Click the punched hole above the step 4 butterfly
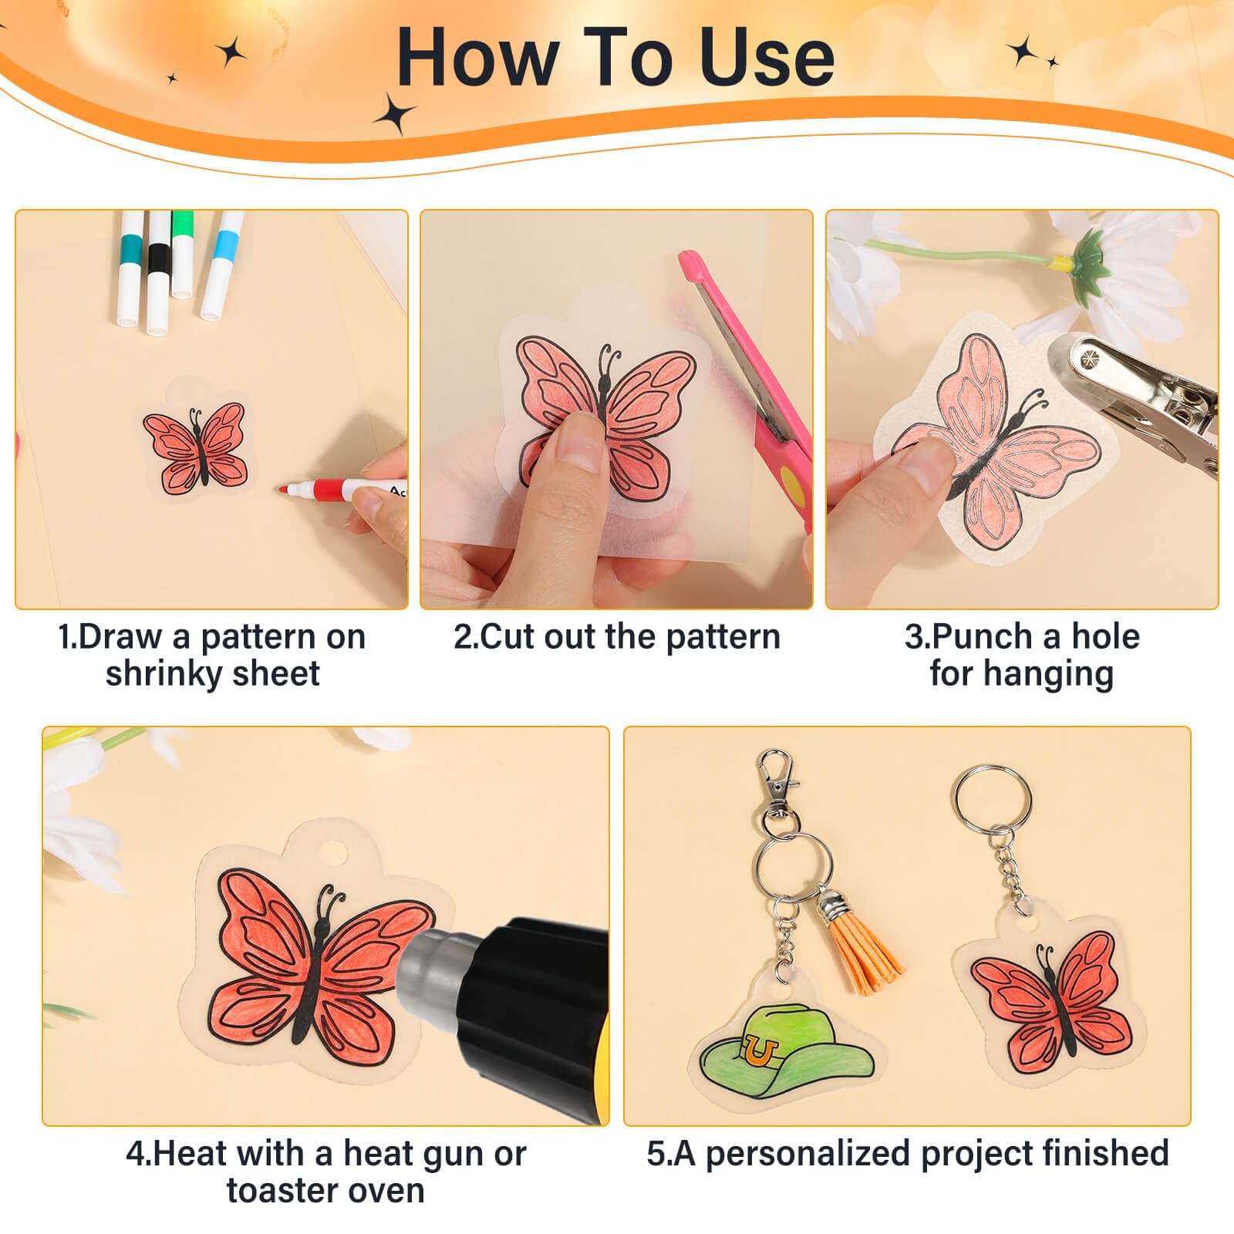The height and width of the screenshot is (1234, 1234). click(334, 854)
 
